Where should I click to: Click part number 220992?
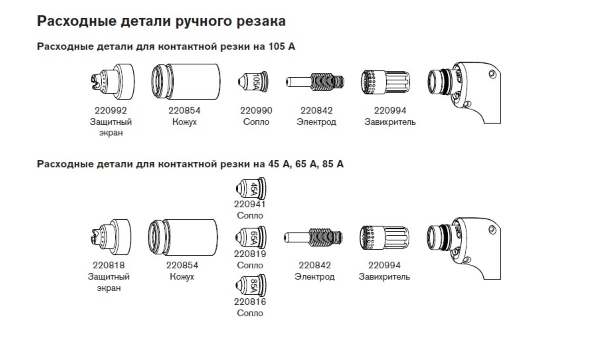click(x=111, y=111)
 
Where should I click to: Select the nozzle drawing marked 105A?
click(x=253, y=81)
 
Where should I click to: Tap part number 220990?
click(x=256, y=111)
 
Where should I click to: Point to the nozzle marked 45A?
click(x=251, y=189)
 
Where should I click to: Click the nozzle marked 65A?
click(x=251, y=237)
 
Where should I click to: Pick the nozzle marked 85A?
click(x=251, y=285)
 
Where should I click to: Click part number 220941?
click(x=250, y=204)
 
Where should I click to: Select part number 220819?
click(x=250, y=254)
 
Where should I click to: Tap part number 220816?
click(x=250, y=302)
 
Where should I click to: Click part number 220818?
click(x=109, y=265)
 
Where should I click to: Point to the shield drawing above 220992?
click(x=113, y=82)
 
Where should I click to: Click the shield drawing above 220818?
click(x=111, y=237)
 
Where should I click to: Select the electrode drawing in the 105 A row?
click(x=315, y=82)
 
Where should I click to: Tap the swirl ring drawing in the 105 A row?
click(x=385, y=82)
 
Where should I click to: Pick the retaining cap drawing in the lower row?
click(x=183, y=237)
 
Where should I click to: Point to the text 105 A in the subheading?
click(x=282, y=46)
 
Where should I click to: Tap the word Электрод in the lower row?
click(x=314, y=277)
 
